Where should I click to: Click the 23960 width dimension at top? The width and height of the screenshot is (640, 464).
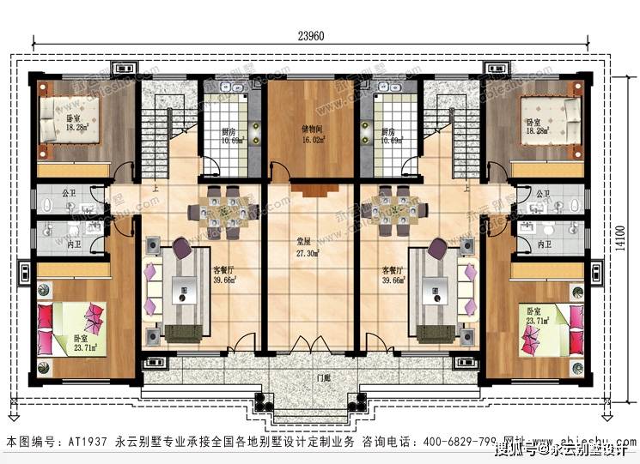point(310,37)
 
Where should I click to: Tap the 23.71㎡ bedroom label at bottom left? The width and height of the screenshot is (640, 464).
point(83,344)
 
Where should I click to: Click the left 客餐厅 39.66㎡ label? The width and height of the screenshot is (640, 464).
point(227,274)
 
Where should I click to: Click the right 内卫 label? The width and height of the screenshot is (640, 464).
point(543,245)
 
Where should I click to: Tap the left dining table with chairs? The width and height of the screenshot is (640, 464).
point(224,211)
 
